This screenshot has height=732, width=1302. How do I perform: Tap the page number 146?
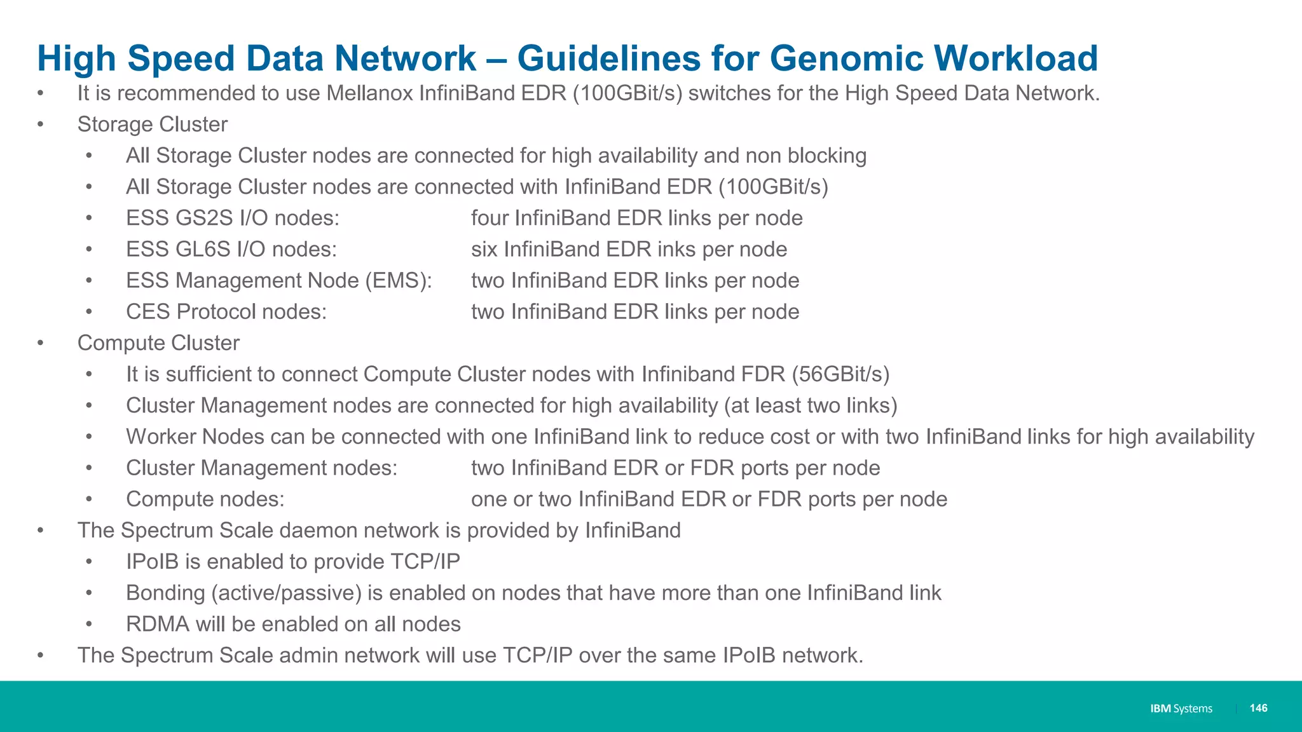(1258, 708)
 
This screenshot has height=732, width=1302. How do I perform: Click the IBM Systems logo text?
(1181, 708)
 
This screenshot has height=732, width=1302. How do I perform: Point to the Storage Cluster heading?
(152, 125)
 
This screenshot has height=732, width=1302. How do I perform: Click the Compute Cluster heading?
(158, 343)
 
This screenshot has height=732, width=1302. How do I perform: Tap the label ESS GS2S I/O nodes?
(233, 218)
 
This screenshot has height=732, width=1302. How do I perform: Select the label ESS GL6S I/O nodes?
(231, 249)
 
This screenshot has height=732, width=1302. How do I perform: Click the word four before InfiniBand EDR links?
(490, 218)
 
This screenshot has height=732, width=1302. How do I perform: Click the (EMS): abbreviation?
(399, 280)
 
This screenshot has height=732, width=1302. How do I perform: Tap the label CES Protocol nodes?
(226, 311)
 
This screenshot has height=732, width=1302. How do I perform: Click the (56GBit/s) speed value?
(840, 374)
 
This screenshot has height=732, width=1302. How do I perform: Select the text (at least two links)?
(811, 405)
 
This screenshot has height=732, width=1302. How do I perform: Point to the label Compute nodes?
(205, 499)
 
